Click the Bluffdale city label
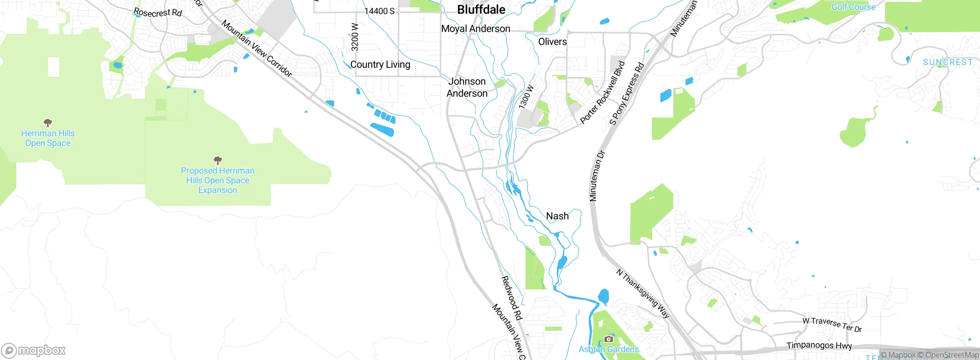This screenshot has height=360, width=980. (481, 10)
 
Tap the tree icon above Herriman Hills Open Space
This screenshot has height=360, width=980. (48, 123)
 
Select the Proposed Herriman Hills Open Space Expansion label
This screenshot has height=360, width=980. (217, 180)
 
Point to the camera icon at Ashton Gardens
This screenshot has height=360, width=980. (608, 339)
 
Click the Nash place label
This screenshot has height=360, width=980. (557, 216)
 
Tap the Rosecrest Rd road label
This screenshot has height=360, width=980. (158, 13)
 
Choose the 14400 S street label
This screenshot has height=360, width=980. (379, 11)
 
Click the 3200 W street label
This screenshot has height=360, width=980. (355, 37)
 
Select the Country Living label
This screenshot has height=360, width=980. (380, 64)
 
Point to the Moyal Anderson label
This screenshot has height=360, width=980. (475, 29)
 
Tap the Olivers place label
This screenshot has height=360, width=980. (552, 42)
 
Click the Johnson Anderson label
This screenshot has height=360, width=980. (467, 87)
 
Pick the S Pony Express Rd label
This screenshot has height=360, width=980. (627, 94)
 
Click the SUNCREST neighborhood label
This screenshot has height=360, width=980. (948, 62)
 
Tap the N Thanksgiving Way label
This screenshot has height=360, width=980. (643, 293)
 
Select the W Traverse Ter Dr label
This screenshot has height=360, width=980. (832, 325)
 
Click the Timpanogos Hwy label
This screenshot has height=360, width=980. (819, 345)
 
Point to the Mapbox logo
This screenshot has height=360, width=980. (34, 350)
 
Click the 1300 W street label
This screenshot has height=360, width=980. (526, 97)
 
